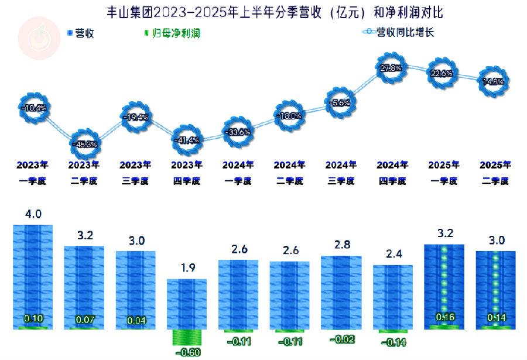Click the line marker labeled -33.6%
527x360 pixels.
pyautogui.click(x=237, y=132)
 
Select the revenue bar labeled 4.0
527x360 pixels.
pyautogui.click(x=33, y=275)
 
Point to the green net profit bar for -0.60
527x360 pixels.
pyautogui.click(x=188, y=338)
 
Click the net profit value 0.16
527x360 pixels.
pyautogui.click(x=444, y=317)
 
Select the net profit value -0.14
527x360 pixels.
pyautogui.click(x=392, y=342)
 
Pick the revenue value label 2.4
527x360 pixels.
pyautogui.click(x=392, y=255)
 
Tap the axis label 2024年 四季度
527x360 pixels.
pyautogui.click(x=392, y=173)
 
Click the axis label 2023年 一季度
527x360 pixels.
pyautogui.click(x=33, y=173)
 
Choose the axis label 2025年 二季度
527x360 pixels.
pyautogui.click(x=495, y=173)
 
